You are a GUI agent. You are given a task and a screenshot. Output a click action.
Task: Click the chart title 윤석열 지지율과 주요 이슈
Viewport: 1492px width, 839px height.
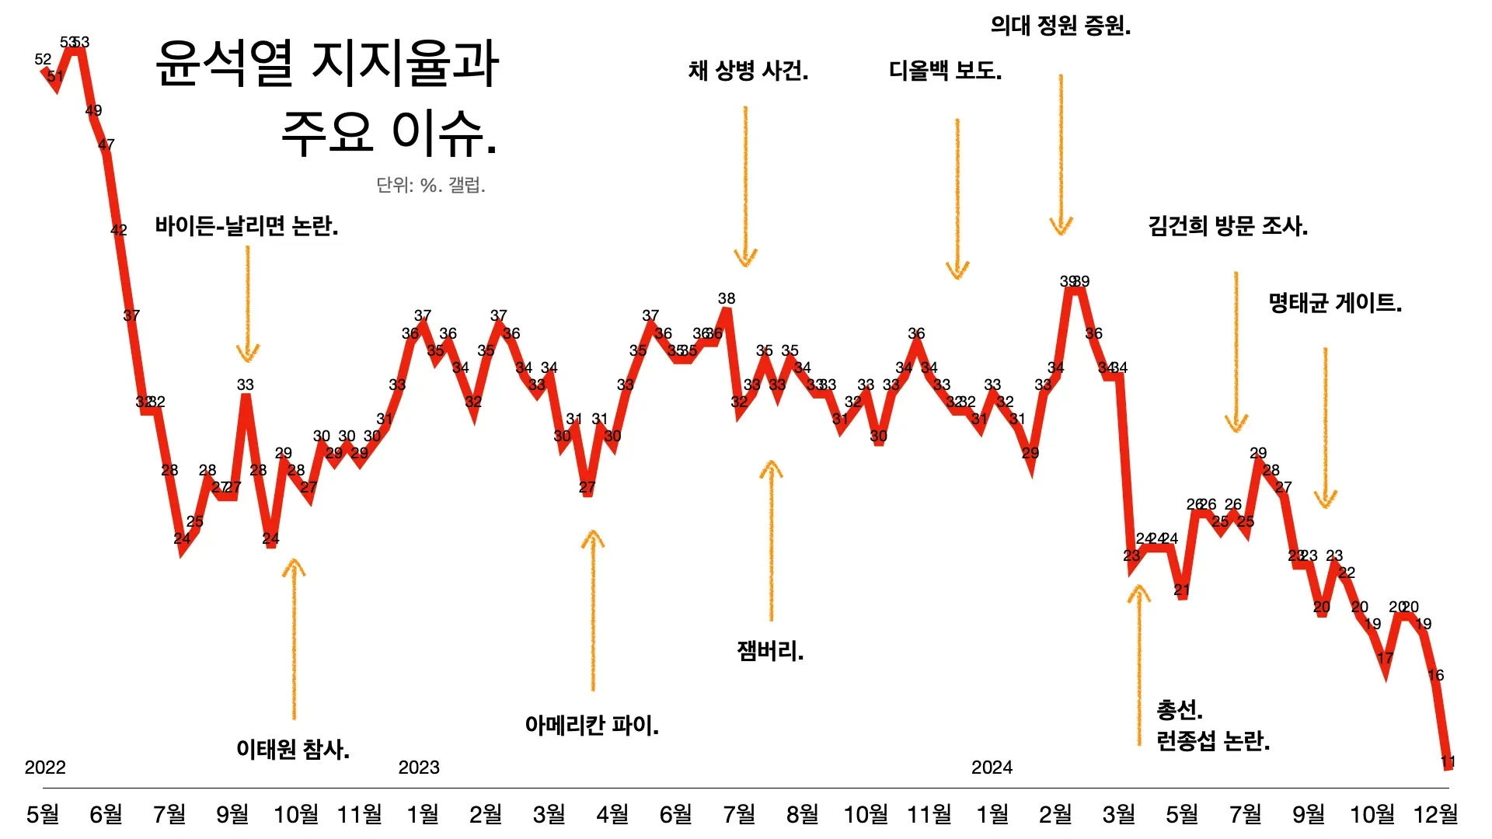(x=327, y=97)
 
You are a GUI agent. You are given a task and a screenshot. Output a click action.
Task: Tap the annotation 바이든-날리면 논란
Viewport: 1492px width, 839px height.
(x=246, y=226)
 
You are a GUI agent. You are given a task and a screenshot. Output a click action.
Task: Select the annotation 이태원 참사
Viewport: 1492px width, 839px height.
(x=293, y=749)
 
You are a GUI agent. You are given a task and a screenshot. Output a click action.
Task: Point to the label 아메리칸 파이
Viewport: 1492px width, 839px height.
(x=591, y=725)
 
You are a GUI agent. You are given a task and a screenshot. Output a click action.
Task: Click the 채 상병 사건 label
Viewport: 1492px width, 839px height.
(x=748, y=71)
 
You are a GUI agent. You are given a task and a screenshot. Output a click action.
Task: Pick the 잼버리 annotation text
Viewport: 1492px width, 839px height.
(x=770, y=650)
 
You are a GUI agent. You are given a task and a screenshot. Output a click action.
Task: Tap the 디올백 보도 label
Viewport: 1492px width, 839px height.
(x=945, y=71)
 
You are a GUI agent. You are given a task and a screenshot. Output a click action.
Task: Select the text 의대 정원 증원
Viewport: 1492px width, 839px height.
(x=1061, y=26)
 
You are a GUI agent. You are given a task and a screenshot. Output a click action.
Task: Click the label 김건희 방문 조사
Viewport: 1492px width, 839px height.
(x=1228, y=226)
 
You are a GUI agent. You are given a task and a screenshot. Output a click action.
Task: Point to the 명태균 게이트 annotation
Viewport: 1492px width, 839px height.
(x=1335, y=302)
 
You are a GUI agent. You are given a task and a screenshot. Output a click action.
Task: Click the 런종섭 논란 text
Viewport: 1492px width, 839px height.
(x=1213, y=740)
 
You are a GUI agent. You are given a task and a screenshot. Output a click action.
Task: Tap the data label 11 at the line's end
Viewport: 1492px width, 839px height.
(x=1448, y=761)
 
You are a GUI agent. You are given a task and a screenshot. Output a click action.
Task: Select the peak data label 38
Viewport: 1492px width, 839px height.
(x=727, y=298)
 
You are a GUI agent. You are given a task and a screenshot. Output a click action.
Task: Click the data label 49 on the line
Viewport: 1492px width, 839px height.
(x=93, y=110)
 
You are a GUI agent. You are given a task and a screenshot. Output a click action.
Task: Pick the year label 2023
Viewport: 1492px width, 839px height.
(x=419, y=768)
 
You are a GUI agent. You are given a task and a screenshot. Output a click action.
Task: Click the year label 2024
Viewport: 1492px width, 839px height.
(x=992, y=768)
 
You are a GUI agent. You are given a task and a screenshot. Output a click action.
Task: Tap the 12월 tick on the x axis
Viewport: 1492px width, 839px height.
(x=1435, y=814)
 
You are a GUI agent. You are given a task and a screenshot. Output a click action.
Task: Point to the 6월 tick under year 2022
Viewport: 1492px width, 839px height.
(x=106, y=814)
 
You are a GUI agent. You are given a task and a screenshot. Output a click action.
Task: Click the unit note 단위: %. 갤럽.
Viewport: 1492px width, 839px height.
(x=431, y=185)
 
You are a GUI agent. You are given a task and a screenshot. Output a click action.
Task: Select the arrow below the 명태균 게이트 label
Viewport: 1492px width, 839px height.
(x=1326, y=427)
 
